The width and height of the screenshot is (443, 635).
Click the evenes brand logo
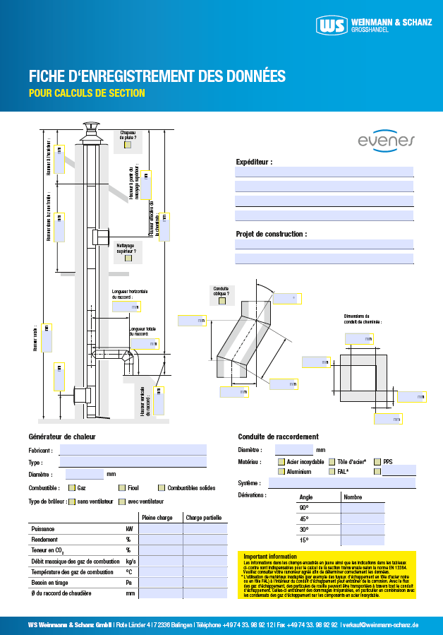click(385, 141)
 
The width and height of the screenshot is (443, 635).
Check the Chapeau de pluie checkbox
click(128, 146)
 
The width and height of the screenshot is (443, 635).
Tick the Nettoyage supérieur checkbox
click(128, 258)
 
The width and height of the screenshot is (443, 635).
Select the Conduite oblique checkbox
click(221, 300)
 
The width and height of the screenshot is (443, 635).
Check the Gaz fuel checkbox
click(72, 487)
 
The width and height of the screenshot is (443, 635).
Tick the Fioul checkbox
click(122, 487)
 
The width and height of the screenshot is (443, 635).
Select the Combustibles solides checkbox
click(162, 487)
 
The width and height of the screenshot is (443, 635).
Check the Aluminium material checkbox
click(281, 470)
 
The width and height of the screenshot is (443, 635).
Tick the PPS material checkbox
click(377, 461)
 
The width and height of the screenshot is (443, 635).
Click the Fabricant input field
click(133, 449)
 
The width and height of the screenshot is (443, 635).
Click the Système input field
click(341, 483)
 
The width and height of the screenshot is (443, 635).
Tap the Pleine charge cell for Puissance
click(159, 528)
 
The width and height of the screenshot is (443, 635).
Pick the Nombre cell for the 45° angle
click(363, 518)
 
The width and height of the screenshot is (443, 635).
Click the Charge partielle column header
click(205, 517)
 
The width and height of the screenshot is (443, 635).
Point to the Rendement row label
click(45, 539)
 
